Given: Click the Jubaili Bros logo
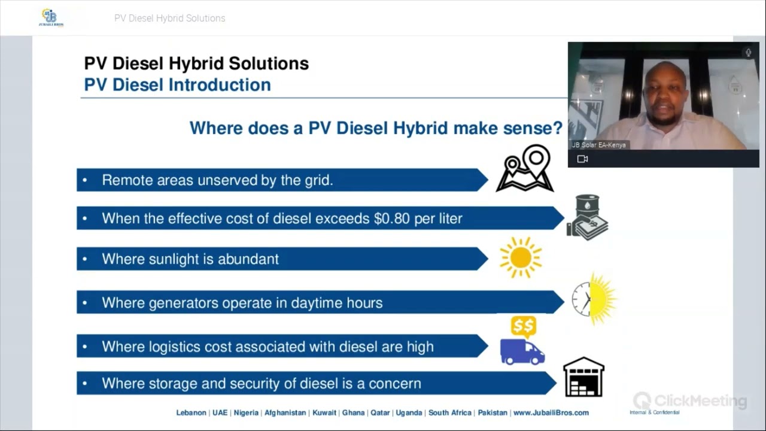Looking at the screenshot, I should (50, 17).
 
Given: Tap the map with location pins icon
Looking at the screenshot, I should (525, 168).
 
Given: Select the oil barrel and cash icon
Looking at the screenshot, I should (586, 217).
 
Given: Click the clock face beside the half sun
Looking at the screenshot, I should (580, 299).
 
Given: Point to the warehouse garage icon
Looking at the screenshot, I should (583, 377).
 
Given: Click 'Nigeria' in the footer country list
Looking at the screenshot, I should (246, 413).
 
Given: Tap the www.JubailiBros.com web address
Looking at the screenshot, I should (551, 413).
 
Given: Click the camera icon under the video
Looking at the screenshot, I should (582, 159).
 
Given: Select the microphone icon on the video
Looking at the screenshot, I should (748, 53).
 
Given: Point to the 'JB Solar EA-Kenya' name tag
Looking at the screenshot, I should (598, 145).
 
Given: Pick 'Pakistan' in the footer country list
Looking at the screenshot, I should (493, 413).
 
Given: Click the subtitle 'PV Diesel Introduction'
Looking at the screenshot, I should (177, 85).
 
